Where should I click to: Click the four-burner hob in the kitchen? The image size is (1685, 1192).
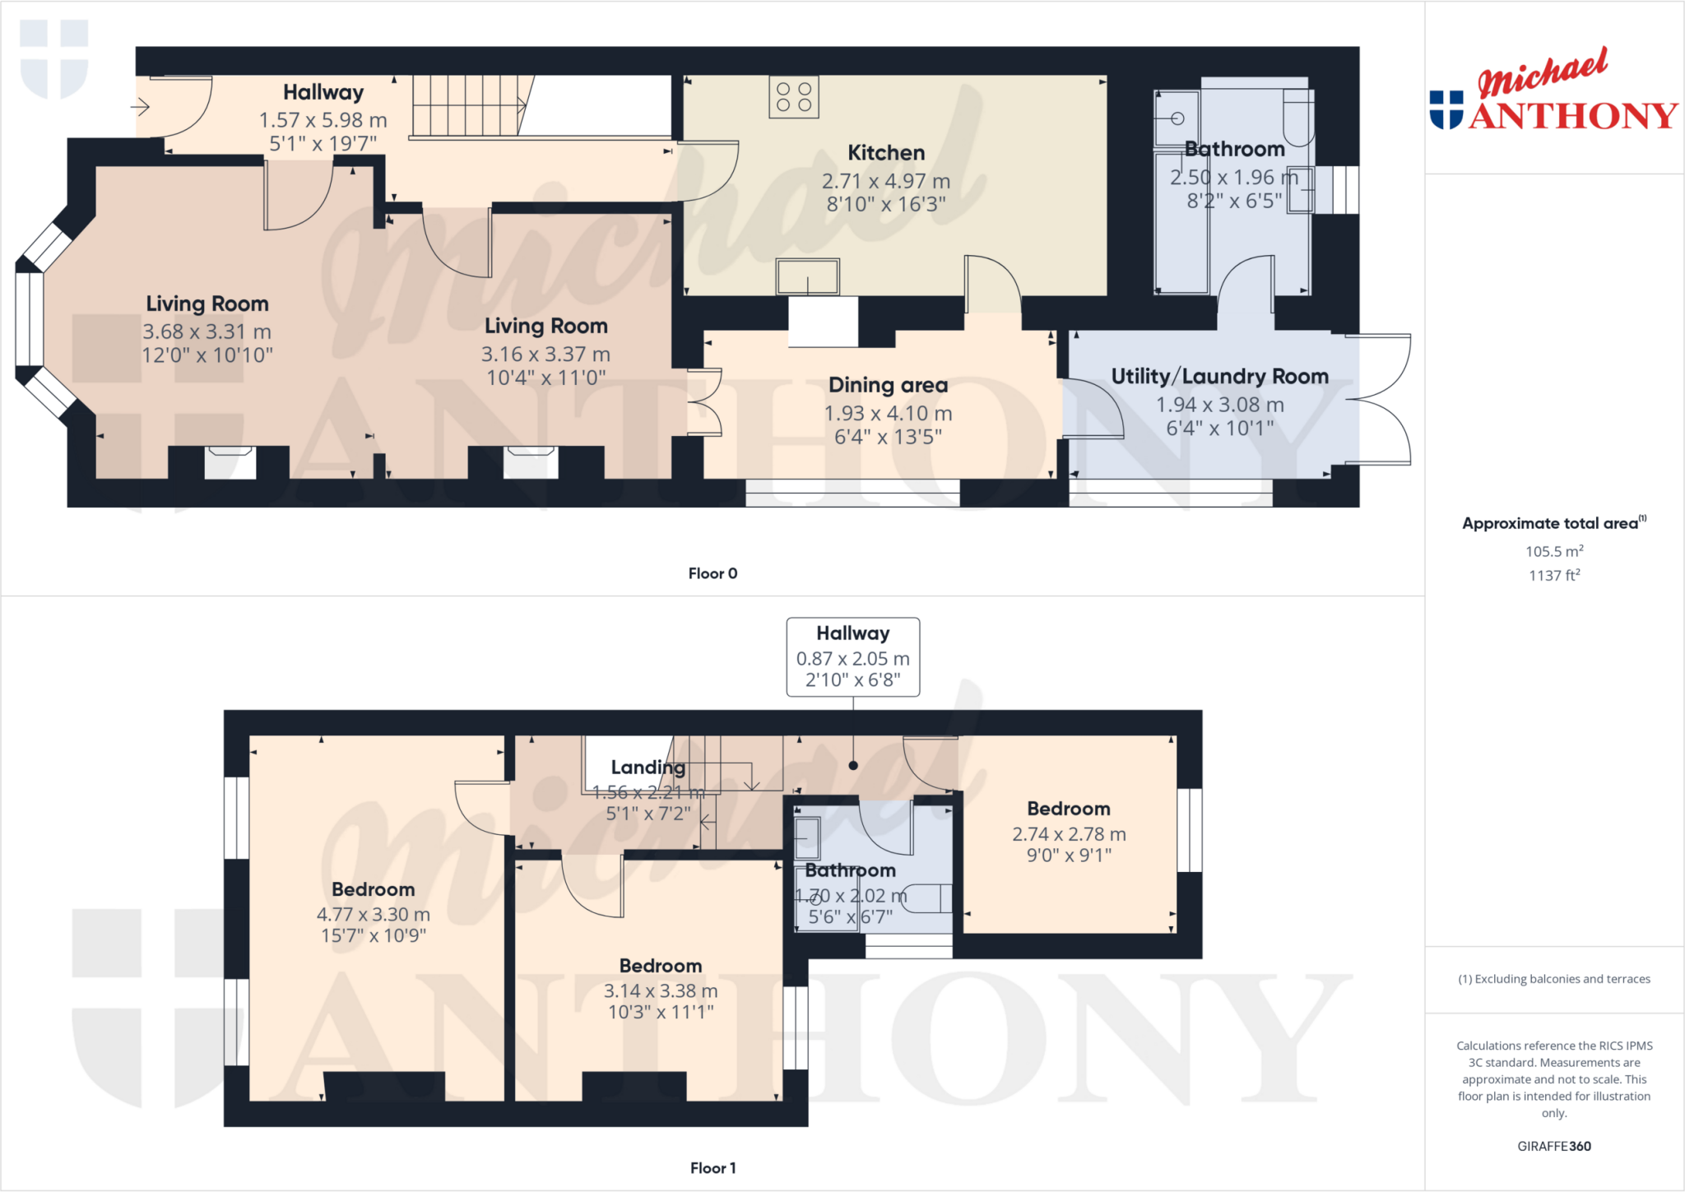coord(794,97)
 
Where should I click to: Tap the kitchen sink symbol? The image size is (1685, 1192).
coord(807,276)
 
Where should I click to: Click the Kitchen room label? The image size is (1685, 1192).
coord(886,153)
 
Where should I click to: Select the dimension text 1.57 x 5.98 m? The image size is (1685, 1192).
coord(323,120)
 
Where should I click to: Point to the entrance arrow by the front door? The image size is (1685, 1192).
coord(141,107)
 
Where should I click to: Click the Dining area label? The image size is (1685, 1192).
coord(888,385)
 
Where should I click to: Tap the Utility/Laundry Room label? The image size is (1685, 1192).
coord(1219,377)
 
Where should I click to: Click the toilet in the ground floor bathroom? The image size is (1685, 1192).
coord(1297,119)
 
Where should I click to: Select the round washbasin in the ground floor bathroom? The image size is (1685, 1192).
coord(1177,118)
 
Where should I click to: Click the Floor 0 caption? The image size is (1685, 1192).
coord(713,573)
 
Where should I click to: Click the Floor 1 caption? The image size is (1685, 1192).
coord(713,1168)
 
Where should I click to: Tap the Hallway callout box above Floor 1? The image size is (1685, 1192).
coord(852,656)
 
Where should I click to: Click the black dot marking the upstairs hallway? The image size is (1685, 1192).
coord(853,766)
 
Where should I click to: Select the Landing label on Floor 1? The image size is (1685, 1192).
coord(648,768)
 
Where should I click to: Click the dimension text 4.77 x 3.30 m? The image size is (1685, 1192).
coord(373,915)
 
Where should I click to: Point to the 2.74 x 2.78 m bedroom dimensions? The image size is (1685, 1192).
coord(1068,834)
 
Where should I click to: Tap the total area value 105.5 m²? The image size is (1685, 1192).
coord(1553,552)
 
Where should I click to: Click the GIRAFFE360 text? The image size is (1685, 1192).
coord(1553,1146)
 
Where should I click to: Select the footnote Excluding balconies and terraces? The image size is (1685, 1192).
coord(1553,979)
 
